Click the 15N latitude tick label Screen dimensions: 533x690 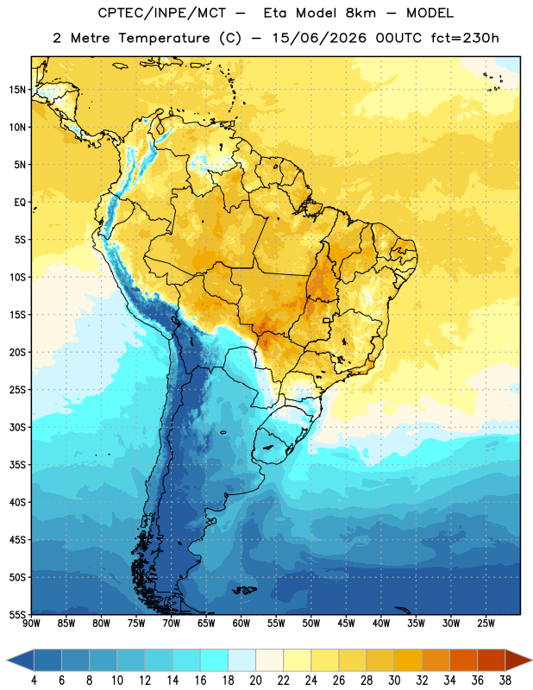coord(17,90)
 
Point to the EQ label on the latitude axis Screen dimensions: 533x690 coord(20,203)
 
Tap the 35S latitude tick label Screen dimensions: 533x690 coord(17,465)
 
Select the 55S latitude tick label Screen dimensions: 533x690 coord(17,615)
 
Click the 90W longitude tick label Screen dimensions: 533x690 coord(31,624)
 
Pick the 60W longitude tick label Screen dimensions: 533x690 coord(241,624)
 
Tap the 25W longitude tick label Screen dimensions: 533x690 coord(486,624)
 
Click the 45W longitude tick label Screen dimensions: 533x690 coord(346,624)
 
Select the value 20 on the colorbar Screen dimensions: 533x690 coord(255,681)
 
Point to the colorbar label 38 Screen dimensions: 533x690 coord(505,681)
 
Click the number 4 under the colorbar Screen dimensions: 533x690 coord(34,681)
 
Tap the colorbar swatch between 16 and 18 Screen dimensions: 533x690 coord(215,660)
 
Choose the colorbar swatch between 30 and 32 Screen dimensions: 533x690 coord(409,660)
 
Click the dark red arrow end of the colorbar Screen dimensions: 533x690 coord(518,660)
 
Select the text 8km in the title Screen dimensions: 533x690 coord(361,13)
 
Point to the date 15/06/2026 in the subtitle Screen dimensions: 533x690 coord(318,38)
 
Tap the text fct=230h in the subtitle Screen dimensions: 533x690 coord(465,38)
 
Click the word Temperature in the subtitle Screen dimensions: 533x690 coord(164,38)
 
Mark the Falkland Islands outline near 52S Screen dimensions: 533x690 coord(244,590)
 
